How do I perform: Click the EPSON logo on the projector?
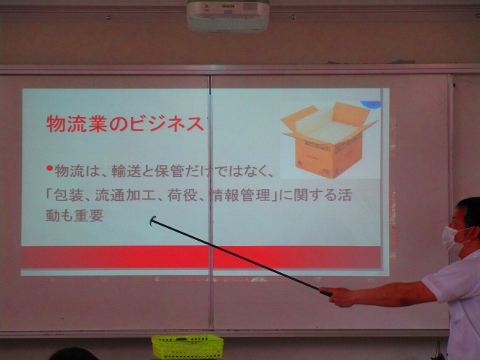coord(228,6)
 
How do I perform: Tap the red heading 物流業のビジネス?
coord(125,124)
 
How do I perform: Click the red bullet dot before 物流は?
coord(49,168)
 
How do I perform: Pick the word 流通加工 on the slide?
coord(125,195)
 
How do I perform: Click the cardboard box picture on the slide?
coord(328,139)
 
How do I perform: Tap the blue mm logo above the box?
coord(371,104)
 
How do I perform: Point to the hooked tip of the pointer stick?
coord(152,220)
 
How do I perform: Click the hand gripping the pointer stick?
coord(336,296)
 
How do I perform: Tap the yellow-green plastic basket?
coord(187,346)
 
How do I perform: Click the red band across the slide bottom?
coord(201,257)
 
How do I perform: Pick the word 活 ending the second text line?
coord(345,195)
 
